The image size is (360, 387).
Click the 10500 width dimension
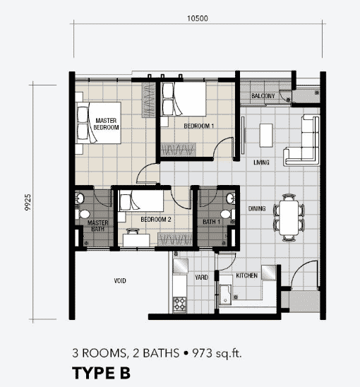(198, 18)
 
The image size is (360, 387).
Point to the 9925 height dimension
(28, 203)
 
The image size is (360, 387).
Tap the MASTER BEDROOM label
(106, 124)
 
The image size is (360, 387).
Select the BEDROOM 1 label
(198, 126)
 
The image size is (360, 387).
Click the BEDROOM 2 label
(156, 220)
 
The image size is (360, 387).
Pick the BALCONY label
(263, 96)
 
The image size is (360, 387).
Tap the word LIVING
(261, 162)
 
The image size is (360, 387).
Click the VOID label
(120, 280)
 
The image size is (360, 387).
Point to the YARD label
(201, 278)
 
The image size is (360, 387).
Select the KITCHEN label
(247, 275)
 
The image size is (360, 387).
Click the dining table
(289, 218)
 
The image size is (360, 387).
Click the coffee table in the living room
(266, 136)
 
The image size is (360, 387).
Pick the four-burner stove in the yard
(179, 304)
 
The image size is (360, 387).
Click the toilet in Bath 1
(227, 214)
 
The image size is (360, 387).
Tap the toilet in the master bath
(83, 214)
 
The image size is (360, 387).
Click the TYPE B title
(101, 373)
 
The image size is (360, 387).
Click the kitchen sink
(225, 294)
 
